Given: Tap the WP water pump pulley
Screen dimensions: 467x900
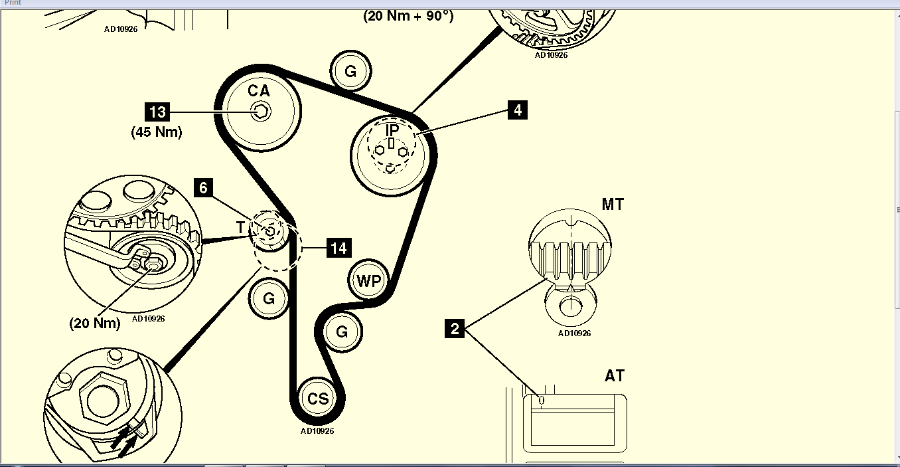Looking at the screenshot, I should coord(369,280).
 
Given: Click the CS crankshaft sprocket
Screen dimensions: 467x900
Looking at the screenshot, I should coord(317,399).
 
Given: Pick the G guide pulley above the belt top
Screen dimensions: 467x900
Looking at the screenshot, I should coord(350,70).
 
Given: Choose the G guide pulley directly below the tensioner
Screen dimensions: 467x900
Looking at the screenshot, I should coord(269,298).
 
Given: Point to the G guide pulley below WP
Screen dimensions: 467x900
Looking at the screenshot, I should coord(342,331).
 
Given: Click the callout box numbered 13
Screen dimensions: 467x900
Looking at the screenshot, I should coord(158,112).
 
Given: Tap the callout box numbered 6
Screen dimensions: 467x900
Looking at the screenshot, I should coord(203,188).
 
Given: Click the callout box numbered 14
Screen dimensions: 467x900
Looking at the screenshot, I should coord(338,248).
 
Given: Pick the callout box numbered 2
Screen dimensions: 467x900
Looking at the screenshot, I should coord(455,328).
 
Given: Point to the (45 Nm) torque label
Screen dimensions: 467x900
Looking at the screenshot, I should coord(157,132).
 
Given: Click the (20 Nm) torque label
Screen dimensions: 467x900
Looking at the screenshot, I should coord(95,324).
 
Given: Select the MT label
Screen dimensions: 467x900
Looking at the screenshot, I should coord(613,205).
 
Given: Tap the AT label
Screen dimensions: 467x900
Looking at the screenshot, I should coord(615,376).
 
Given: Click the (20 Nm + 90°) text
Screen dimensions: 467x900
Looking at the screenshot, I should coord(408,16).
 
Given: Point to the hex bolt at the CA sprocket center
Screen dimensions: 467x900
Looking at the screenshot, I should coord(261,112).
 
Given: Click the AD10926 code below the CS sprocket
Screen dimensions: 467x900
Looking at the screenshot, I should coord(317,430).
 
